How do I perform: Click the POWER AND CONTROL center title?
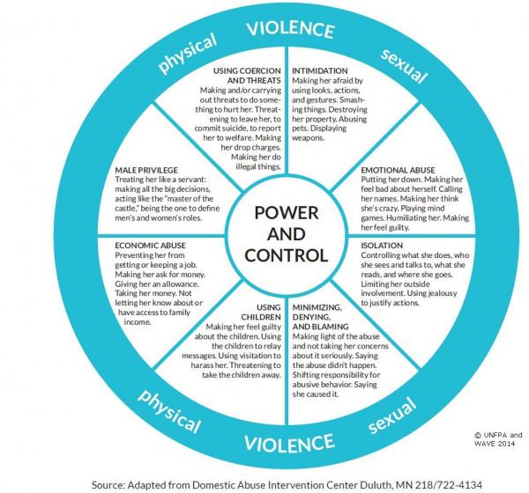pyautogui.click(x=286, y=234)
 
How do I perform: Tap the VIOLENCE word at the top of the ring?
pyautogui.click(x=290, y=29)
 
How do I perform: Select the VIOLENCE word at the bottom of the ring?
pyautogui.click(x=289, y=443)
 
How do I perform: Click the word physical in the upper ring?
pyautogui.click(x=188, y=53)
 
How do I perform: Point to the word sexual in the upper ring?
pyautogui.click(x=404, y=66)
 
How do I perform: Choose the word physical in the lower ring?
pyautogui.click(x=169, y=411)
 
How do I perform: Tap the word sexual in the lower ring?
pyautogui.click(x=391, y=415)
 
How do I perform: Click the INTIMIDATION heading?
pyautogui.click(x=319, y=70)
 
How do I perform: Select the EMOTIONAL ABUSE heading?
pyautogui.click(x=399, y=170)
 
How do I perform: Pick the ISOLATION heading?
pyautogui.click(x=382, y=246)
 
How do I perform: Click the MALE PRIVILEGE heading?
pyautogui.click(x=146, y=170)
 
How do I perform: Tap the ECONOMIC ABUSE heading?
pyautogui.click(x=150, y=246)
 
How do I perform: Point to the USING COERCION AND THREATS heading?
pyautogui.click(x=247, y=76)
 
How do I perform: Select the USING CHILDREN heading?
pyautogui.click(x=261, y=312)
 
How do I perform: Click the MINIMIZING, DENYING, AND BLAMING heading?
pyautogui.click(x=321, y=317)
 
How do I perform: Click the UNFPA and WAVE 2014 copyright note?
pyautogui.click(x=498, y=439)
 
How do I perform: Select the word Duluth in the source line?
pyautogui.click(x=371, y=485)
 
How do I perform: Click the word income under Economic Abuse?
pyautogui.click(x=137, y=322)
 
